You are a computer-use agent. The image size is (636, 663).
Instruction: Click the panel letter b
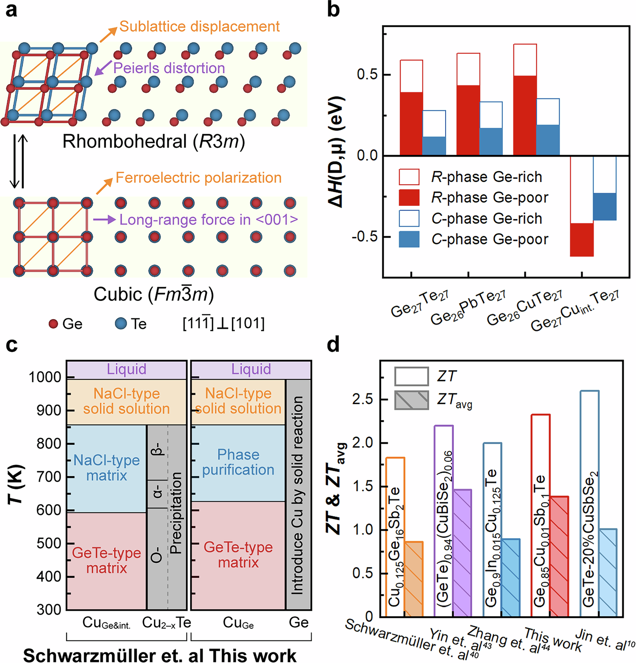pos(334,9)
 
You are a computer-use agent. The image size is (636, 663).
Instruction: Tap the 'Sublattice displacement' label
pos(199,26)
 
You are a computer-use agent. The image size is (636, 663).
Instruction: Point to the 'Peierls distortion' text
pos(169,68)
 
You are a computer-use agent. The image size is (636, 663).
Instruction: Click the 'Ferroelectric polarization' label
pos(198,177)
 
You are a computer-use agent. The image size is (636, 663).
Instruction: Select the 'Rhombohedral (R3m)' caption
pos(153,141)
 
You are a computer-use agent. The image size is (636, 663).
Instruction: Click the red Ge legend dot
pos(53,324)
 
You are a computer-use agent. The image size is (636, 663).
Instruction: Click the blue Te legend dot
pos(121,323)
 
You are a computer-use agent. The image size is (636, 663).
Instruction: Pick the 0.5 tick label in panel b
pos(367,74)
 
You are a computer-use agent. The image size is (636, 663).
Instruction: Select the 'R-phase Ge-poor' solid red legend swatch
pos(409,198)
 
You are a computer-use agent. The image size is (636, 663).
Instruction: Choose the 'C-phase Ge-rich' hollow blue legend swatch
pos(409,219)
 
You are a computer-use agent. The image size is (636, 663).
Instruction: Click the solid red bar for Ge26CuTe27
pos(525,115)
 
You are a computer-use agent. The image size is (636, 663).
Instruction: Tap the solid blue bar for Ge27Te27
pos(434,146)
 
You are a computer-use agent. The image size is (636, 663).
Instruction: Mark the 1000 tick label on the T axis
pos(45,377)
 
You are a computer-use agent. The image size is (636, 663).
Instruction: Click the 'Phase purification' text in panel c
pos(238,462)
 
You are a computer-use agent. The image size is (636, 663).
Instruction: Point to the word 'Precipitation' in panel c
pos(175,513)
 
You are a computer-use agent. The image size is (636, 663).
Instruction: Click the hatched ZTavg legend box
pos(411,400)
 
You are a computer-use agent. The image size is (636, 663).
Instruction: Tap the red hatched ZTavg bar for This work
pos(559,556)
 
